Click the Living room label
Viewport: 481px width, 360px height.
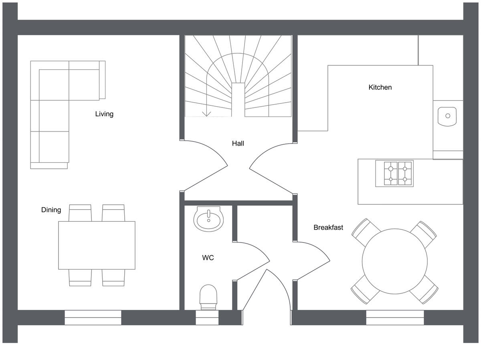104,114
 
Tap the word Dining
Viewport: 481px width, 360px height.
51,210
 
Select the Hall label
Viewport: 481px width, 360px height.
238,143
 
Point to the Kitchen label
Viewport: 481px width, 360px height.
380,87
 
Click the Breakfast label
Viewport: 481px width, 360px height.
328,227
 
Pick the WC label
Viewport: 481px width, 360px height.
208,258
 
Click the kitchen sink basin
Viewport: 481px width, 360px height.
447,116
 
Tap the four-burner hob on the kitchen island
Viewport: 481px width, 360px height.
394,174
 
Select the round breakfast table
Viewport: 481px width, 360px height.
394,261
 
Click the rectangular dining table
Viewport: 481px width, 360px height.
97,245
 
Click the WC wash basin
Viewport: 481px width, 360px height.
208,219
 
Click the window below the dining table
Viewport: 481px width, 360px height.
93,317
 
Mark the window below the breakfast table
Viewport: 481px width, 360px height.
395,317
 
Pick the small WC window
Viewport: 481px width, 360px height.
207,317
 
